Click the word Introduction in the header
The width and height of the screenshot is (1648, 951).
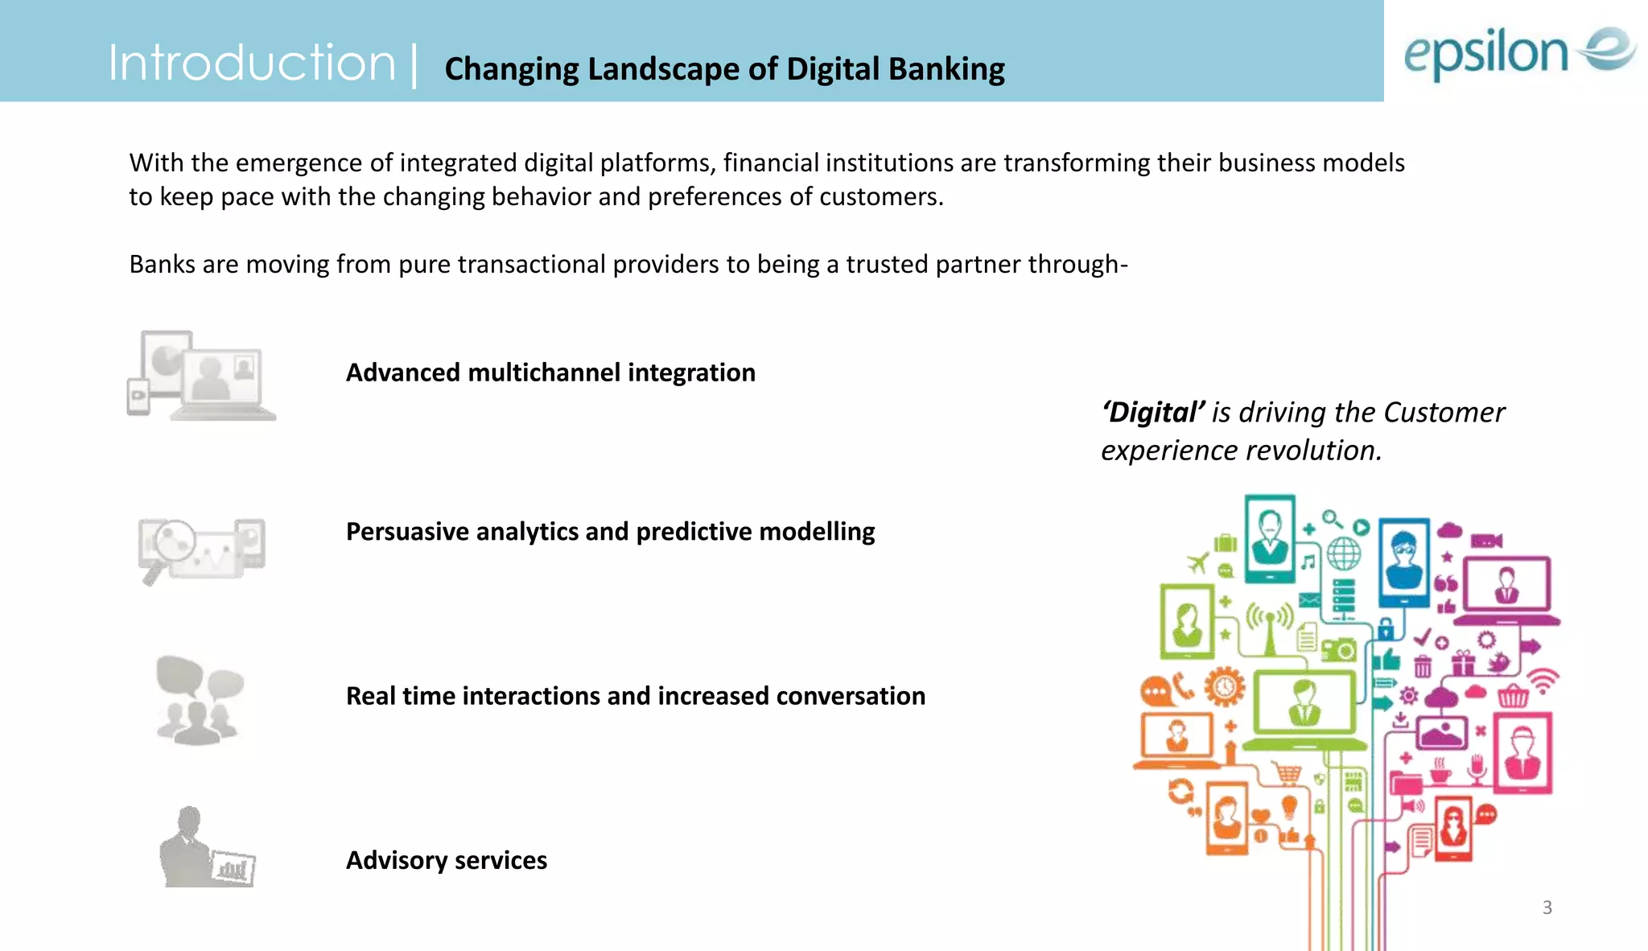tap(251, 64)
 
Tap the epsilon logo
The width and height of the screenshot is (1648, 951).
tap(1519, 52)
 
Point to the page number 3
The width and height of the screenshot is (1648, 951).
tap(1547, 908)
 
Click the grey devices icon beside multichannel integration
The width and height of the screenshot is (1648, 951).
tap(201, 375)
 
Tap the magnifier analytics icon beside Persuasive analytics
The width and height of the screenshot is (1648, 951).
tap(201, 550)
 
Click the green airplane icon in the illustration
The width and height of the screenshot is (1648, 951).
tap(1198, 562)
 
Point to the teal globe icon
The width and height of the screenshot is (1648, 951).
tap(1343, 554)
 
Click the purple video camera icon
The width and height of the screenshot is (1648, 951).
tap(1485, 541)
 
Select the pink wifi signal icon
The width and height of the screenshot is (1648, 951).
tap(1543, 681)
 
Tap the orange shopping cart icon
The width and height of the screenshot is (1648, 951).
tap(1287, 774)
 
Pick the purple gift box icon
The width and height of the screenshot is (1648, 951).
tap(1462, 663)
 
